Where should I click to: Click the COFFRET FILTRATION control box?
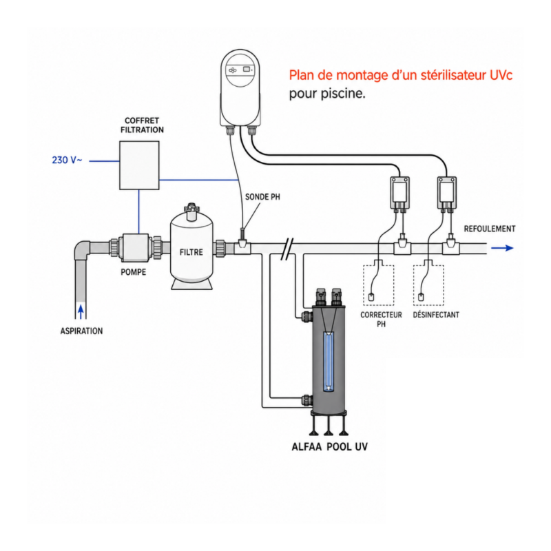click(139, 165)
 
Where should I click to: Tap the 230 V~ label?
click(67, 160)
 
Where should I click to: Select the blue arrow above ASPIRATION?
click(81, 312)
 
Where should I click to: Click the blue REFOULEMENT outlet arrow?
click(502, 248)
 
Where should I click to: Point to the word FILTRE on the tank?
click(191, 252)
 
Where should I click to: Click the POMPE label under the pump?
click(133, 272)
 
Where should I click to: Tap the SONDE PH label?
click(262, 197)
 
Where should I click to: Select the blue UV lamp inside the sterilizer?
click(329, 362)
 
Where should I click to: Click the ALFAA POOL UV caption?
click(330, 446)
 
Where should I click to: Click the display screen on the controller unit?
click(247, 70)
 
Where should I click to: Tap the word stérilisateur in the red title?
click(453, 75)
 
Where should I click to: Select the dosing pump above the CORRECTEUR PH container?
click(400, 194)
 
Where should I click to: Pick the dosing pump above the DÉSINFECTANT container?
click(447, 194)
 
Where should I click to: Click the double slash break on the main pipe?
click(287, 249)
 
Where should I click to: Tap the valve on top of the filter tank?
click(191, 210)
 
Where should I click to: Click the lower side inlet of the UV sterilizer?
click(306, 400)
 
